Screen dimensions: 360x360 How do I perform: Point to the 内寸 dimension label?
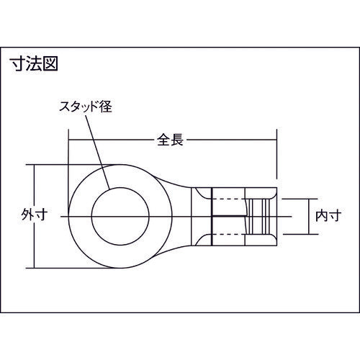pyautogui.click(x=328, y=215)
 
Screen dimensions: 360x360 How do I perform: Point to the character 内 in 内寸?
pyautogui.click(x=322, y=215)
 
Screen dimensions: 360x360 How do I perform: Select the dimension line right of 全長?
pyautogui.click(x=230, y=140)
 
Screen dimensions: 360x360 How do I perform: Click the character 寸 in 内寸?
pyautogui.click(x=334, y=215)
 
